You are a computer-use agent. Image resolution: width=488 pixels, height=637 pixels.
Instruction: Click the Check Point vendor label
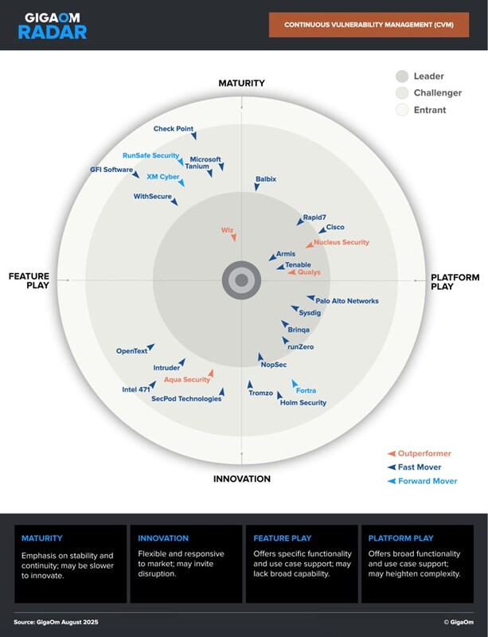[x=173, y=129]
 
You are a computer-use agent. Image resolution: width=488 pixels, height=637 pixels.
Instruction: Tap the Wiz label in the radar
[x=227, y=230]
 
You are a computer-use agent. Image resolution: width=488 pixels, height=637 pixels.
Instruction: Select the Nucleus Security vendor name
[x=342, y=242]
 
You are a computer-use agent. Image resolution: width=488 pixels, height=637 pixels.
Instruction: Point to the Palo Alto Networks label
[x=347, y=301]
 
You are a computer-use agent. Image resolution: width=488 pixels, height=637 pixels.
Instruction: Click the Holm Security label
[x=303, y=403]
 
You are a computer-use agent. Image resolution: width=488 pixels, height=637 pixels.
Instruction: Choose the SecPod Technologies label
[x=186, y=399]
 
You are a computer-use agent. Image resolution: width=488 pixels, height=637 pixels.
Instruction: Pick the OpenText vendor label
[x=131, y=351]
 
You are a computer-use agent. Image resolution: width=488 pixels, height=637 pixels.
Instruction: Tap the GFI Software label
[x=111, y=170]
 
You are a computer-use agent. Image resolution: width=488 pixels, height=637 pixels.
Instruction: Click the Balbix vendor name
[x=266, y=179]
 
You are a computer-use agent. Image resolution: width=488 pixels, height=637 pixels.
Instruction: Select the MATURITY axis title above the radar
[x=242, y=83]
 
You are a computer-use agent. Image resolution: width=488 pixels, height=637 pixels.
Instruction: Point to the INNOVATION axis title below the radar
[x=242, y=479]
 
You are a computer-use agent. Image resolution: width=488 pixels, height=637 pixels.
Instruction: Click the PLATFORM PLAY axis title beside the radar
[x=455, y=283]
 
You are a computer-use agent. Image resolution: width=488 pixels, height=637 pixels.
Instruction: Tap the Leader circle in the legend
[x=402, y=76]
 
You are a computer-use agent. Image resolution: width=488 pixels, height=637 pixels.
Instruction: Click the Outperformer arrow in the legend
[x=391, y=454]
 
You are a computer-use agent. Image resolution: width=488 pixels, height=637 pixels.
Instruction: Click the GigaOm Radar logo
[x=55, y=25]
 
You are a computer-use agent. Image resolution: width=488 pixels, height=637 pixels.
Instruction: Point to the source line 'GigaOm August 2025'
[x=57, y=621]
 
